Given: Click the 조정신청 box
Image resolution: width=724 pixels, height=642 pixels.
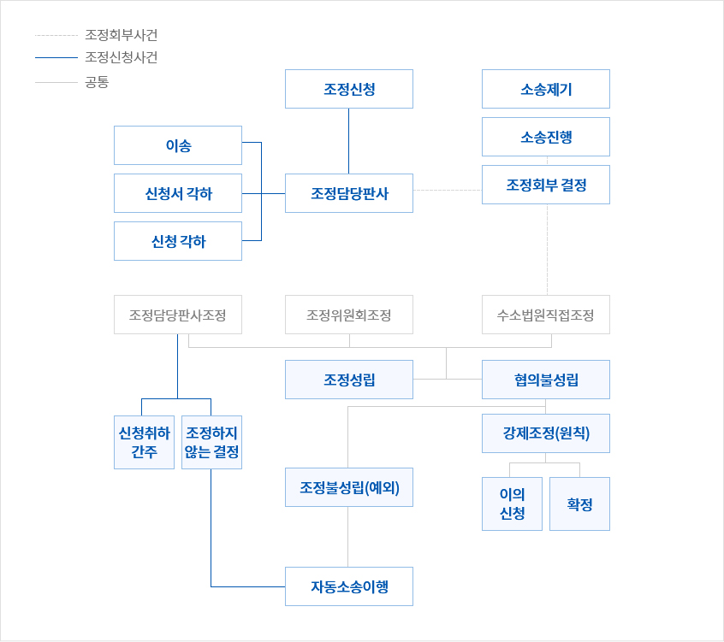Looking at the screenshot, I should point(349,89).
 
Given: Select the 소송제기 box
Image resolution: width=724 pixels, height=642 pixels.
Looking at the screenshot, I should point(546,89).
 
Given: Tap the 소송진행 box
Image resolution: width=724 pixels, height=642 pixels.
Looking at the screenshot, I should point(546,137).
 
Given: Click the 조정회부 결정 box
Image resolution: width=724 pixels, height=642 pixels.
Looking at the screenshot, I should point(546,185).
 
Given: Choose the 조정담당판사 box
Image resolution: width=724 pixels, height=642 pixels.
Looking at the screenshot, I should point(349,193).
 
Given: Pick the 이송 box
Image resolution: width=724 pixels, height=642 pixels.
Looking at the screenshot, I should point(178,145).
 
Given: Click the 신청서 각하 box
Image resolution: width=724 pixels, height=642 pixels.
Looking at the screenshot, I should point(178,193).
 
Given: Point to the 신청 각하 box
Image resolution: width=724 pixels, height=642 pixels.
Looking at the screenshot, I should point(178,241).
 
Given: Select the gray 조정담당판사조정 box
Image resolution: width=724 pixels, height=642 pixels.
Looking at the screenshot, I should point(178,315).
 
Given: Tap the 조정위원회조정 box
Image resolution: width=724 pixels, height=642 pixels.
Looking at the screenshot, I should point(349,315).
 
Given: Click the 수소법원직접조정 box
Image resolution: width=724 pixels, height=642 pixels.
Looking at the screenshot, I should point(546,315).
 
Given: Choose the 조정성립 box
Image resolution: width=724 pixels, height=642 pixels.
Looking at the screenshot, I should point(349,380).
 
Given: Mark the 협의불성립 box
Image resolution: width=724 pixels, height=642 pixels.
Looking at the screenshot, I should point(546,380).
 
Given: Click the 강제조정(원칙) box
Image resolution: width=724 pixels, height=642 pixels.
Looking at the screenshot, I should point(546,433).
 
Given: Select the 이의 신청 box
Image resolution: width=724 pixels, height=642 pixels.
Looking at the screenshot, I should point(512,504).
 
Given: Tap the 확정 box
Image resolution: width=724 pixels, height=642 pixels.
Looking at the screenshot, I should point(579,504).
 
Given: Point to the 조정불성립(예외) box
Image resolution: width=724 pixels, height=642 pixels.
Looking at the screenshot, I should point(349,487).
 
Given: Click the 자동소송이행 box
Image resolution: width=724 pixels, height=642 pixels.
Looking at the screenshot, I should point(349,586).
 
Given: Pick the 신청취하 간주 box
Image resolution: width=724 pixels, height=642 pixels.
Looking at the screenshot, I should point(144,442).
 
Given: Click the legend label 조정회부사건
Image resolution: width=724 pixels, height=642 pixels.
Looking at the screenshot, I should point(122,35).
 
